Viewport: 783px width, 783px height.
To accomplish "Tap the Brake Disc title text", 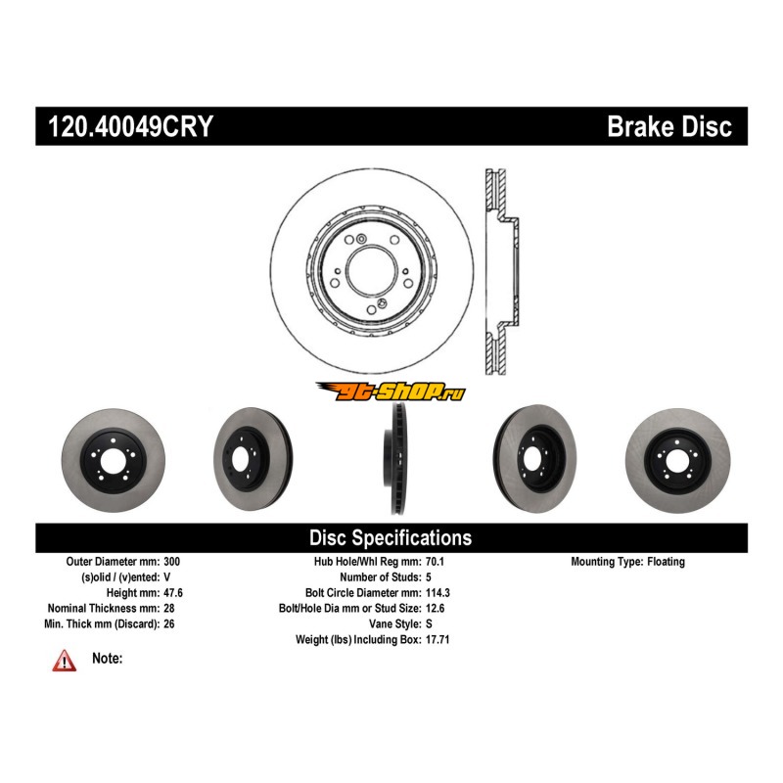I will point(669,126).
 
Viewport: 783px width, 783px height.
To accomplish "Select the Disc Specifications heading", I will point(391,537).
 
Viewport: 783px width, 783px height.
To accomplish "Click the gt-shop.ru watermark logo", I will point(391,391).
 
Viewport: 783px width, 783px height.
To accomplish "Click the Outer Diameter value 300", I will point(171,562).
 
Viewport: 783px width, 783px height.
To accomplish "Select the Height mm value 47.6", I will point(173,593).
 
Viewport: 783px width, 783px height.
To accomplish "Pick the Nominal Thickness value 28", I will point(167,608).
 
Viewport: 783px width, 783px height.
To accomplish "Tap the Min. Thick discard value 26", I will point(167,623).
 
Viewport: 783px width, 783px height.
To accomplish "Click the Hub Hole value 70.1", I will point(437,562).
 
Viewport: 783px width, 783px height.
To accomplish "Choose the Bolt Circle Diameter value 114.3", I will point(439,593).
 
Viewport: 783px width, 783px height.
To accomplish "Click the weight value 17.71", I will point(439,639).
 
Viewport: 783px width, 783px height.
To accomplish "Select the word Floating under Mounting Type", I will point(666,562).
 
